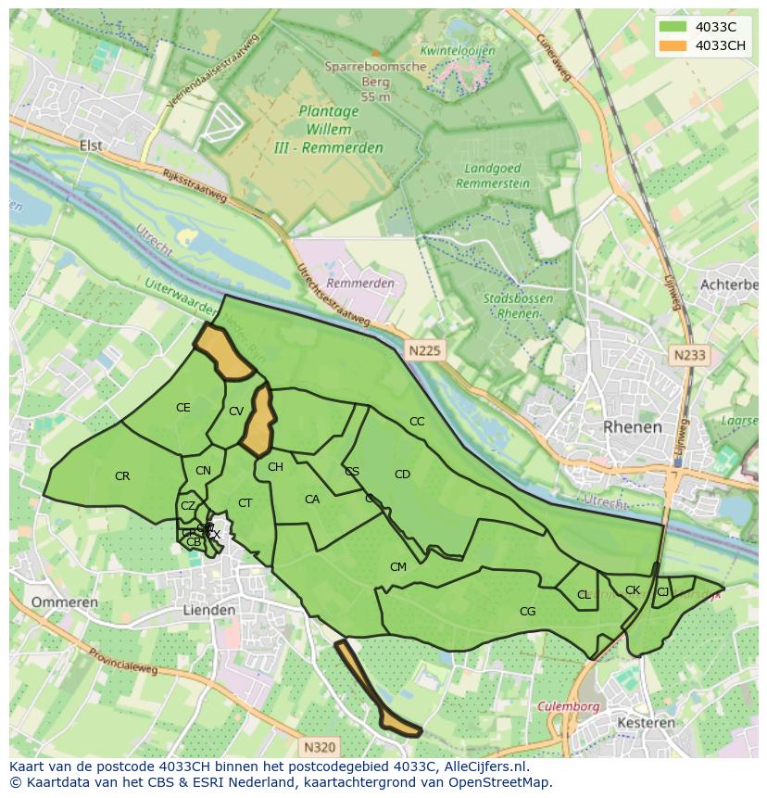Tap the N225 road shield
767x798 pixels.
(x=424, y=349)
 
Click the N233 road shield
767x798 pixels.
(x=689, y=355)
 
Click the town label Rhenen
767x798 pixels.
(x=633, y=427)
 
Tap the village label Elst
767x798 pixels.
(x=91, y=146)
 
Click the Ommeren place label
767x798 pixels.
(x=64, y=602)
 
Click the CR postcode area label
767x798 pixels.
(x=122, y=476)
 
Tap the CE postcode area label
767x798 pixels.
(x=183, y=408)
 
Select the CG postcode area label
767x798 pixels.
(x=527, y=611)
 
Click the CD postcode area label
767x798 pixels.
(x=402, y=475)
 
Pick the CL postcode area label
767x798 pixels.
(x=584, y=595)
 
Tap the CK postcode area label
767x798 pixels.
(x=633, y=590)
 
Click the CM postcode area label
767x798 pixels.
(x=398, y=567)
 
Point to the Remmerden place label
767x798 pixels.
(x=360, y=283)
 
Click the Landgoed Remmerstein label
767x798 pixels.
(x=493, y=176)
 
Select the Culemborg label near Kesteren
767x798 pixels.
(x=565, y=705)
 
